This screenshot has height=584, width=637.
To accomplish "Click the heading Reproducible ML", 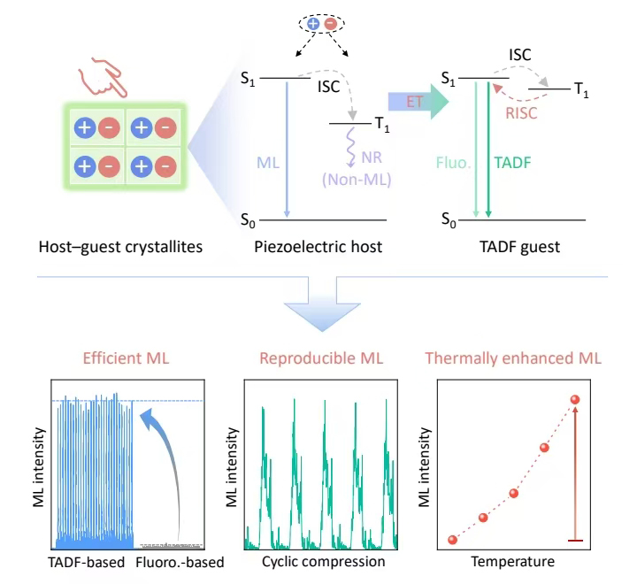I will [321, 358].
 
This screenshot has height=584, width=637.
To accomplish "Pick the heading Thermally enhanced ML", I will [513, 358].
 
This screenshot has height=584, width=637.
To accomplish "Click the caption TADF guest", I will [516, 247].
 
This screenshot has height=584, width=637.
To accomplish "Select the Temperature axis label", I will [513, 562].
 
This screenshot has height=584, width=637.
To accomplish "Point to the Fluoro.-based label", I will [180, 562].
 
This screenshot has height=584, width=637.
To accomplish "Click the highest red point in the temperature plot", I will [575, 401].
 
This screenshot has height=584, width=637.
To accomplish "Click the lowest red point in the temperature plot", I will [453, 540].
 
